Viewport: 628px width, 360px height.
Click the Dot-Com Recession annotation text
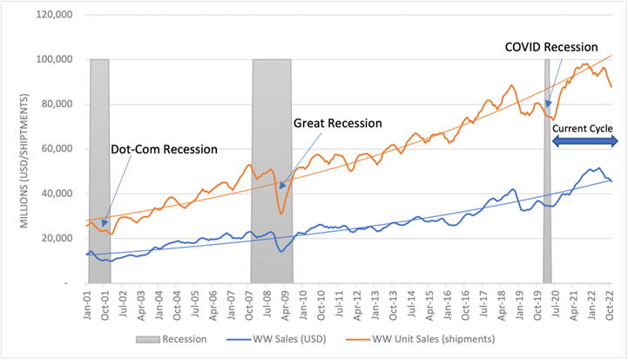164,149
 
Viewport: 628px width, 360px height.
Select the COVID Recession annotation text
551,47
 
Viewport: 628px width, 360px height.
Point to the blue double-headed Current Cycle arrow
583,140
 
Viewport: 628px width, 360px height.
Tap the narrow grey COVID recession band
547,174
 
